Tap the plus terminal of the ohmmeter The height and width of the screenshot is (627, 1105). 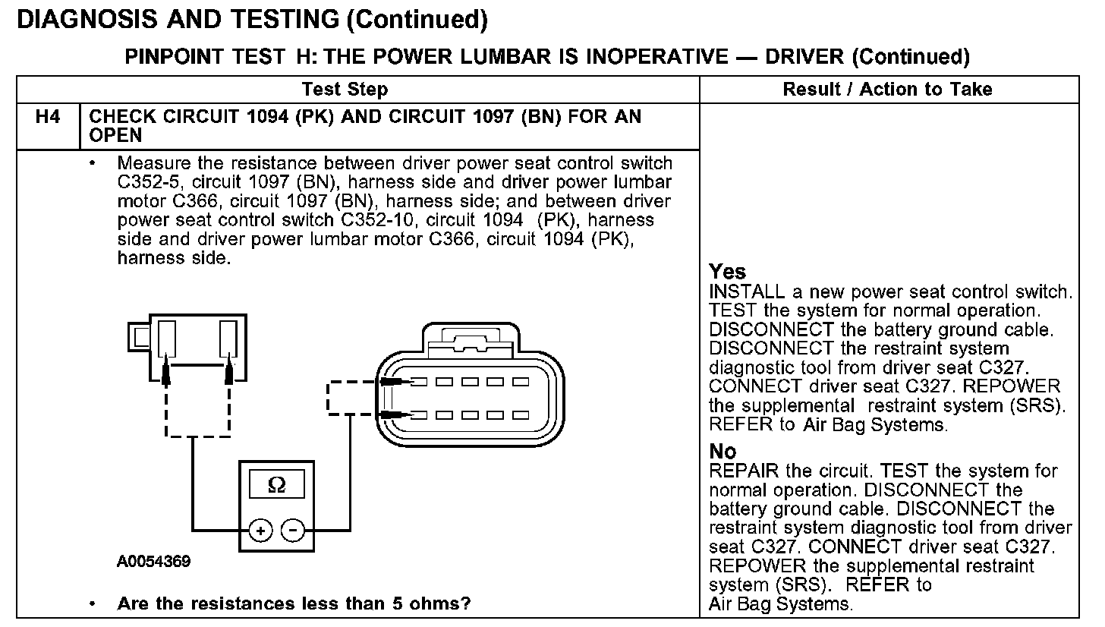point(260,531)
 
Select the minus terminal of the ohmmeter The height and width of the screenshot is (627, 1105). point(293,531)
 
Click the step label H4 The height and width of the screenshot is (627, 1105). point(49,118)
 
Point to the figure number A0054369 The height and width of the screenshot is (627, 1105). point(154,562)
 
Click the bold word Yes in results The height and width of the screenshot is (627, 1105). point(727,272)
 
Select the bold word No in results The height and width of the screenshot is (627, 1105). point(722,452)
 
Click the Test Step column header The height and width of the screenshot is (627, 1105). point(345,90)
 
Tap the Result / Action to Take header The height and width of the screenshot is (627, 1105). point(887,90)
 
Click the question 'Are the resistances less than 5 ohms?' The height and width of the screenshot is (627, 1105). point(294,604)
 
